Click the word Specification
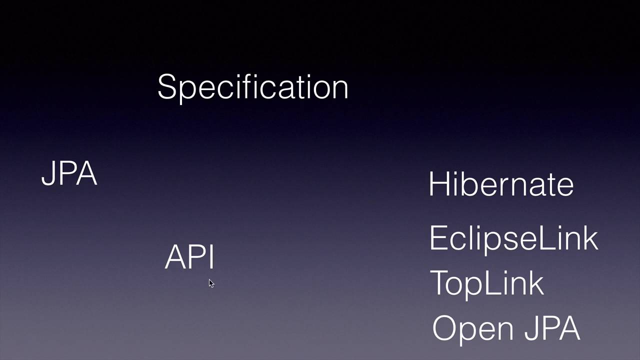point(252,87)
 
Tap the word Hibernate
point(501,183)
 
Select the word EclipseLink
point(513,238)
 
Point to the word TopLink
point(486,282)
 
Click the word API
point(189,257)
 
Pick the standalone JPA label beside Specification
point(69,173)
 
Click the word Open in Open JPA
point(474,329)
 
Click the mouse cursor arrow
point(211,283)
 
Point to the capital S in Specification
point(166,87)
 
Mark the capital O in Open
point(444,328)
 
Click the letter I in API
point(212,257)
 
